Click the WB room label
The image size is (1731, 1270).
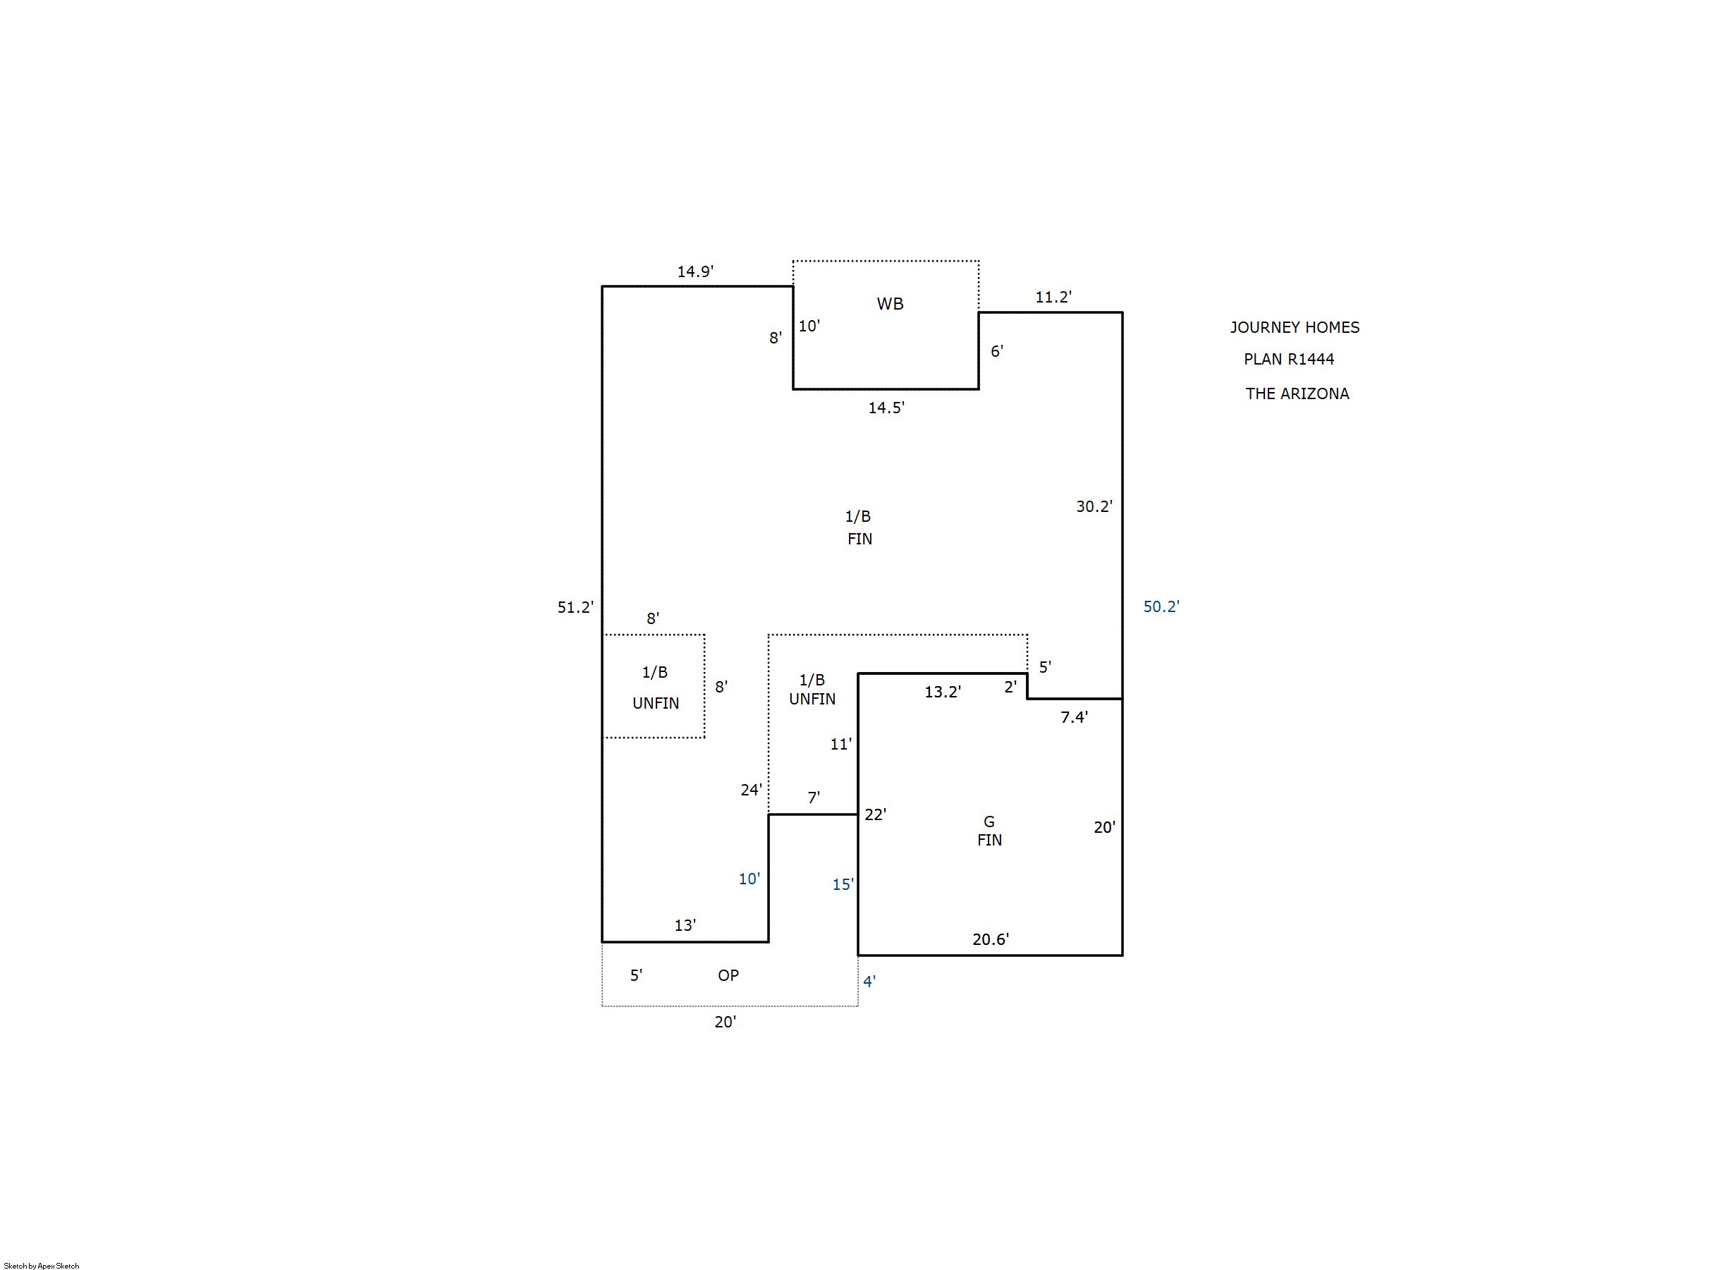coord(890,304)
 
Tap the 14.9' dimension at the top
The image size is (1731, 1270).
coord(695,271)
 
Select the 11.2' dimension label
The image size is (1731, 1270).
coord(1053,297)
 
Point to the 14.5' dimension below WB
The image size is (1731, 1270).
coord(886,408)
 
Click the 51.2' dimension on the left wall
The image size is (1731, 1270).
coord(575,607)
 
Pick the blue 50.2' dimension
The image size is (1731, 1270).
coord(1161,606)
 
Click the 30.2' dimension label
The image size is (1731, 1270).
coord(1094,506)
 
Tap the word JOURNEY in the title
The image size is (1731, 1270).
coord(1262,327)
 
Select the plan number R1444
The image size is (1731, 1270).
coord(1311,359)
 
